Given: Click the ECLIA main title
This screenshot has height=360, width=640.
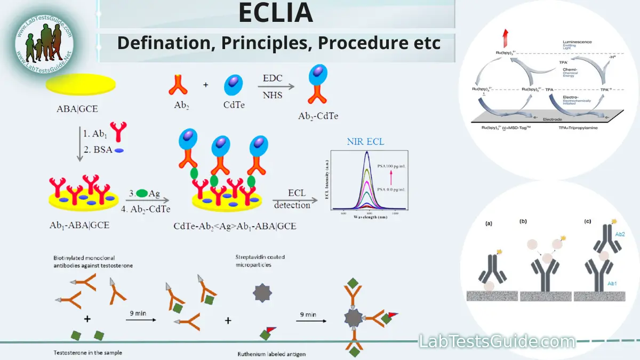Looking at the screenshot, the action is point(275,14).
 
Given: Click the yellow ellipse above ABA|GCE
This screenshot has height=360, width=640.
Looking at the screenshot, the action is point(81,85).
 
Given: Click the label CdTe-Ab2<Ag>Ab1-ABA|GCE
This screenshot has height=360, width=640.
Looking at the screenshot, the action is point(235,226).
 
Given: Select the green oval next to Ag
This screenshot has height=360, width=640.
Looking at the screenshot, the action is point(142,193).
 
